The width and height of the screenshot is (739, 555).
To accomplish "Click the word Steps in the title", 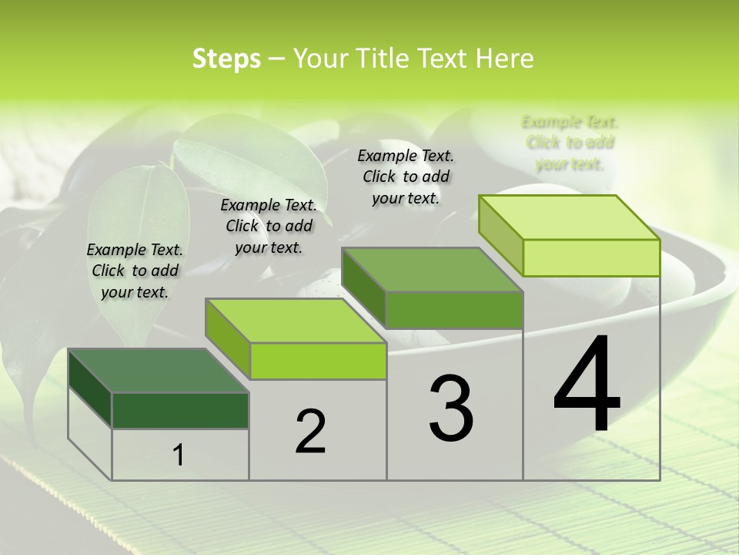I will tap(226, 59).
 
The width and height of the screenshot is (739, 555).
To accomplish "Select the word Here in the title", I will tap(504, 59).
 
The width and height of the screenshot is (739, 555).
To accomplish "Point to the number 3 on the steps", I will tap(451, 409).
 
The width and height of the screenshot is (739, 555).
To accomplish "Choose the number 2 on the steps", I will tap(310, 432).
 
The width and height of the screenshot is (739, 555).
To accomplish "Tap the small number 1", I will tap(179, 455).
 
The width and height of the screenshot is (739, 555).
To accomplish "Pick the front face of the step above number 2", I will tap(318, 361).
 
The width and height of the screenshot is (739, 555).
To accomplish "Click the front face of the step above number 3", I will tap(454, 310).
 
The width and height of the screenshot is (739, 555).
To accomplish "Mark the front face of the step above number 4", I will tap(591, 257).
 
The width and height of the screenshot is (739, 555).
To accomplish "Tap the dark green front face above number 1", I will tap(180, 410).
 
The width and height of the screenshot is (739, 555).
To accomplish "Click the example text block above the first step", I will tap(135, 271).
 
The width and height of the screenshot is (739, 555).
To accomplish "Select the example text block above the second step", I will tap(269, 226).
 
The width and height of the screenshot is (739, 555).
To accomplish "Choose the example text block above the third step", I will tap(406, 177).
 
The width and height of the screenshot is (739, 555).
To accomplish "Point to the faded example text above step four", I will tap(570, 143).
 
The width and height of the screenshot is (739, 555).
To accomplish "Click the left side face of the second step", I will tap(228, 339).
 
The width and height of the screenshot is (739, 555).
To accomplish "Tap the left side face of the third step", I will tap(363, 288).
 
